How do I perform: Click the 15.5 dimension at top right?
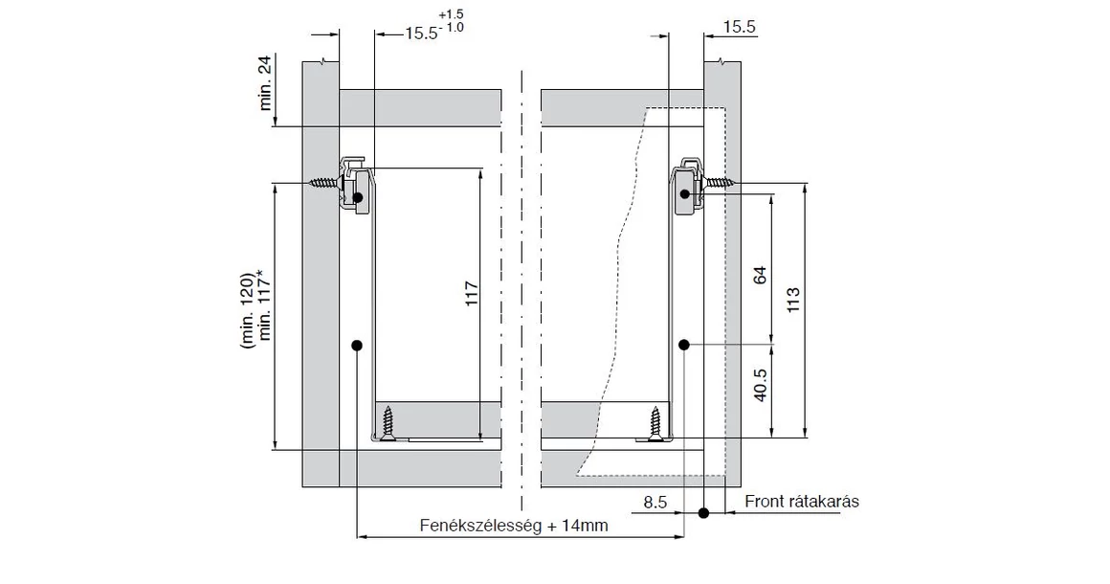[x=739, y=28]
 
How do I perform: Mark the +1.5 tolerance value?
[x=451, y=14]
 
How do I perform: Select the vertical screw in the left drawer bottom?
[x=388, y=423]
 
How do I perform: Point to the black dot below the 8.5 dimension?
[x=703, y=513]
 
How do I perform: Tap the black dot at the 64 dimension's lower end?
[x=684, y=343]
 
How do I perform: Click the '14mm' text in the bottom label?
[x=588, y=527]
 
